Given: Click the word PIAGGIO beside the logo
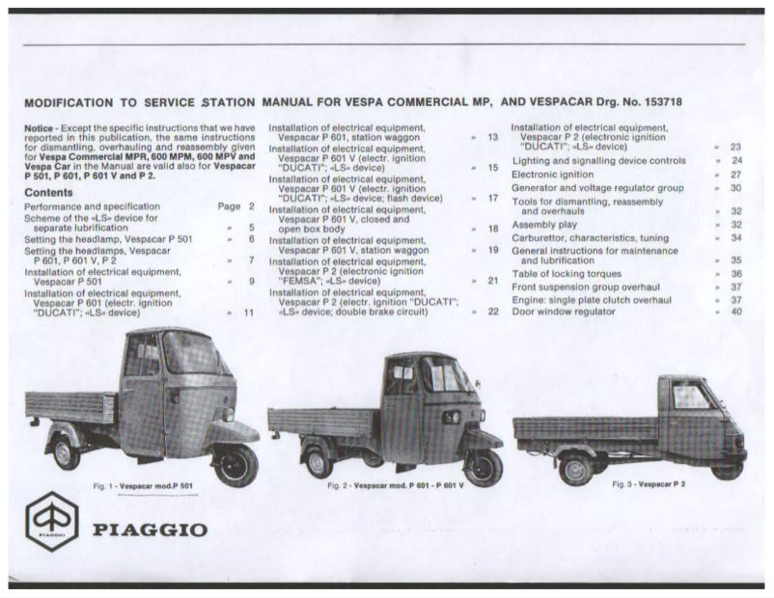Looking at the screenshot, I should pyautogui.click(x=149, y=529).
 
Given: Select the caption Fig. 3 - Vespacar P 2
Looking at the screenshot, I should pyautogui.click(x=652, y=483).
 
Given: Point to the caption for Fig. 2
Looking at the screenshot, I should pyautogui.click(x=396, y=484).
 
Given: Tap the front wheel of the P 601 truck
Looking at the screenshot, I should pyautogui.click(x=483, y=465).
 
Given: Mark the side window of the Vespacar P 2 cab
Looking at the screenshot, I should pyautogui.click(x=689, y=397).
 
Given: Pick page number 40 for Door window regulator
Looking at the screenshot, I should pyautogui.click(x=735, y=312).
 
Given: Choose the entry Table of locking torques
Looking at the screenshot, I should pyautogui.click(x=567, y=274).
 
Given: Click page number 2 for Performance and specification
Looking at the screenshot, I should pyautogui.click(x=252, y=206).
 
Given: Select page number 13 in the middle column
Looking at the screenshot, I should pyautogui.click(x=492, y=137).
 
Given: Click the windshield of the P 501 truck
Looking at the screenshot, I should pyautogui.click(x=184, y=357).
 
